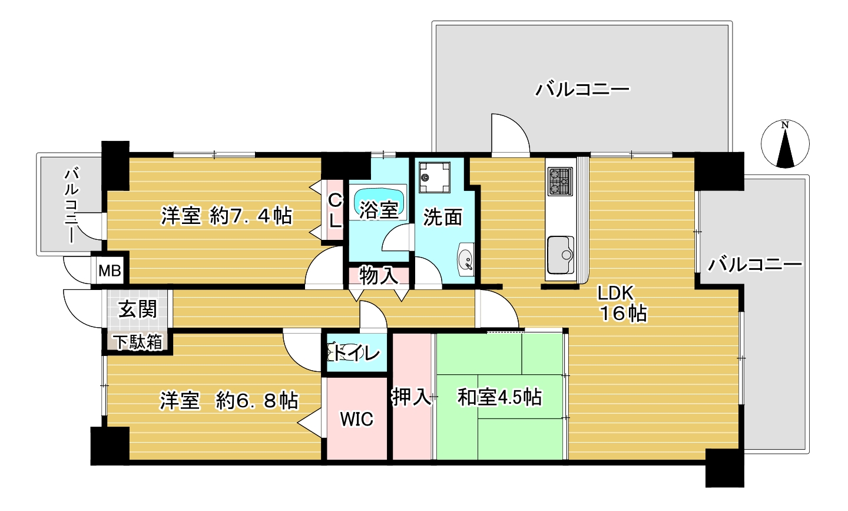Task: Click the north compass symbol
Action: coord(785,144)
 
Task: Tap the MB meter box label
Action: coord(110,271)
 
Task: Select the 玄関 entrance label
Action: coord(138,309)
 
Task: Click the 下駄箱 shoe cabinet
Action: coord(138,342)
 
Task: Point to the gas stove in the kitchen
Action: coord(560,182)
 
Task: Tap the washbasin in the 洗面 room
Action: coord(466,259)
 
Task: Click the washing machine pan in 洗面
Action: coord(434,177)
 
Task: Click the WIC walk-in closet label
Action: coord(357,419)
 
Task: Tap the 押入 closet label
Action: coord(411,397)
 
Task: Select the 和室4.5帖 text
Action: coord(499,397)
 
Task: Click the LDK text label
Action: coord(615,293)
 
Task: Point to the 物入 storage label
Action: coord(379,275)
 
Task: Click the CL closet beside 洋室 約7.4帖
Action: coord(334,210)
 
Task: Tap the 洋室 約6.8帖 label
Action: coord(229,401)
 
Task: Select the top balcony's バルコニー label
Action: coord(582,90)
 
